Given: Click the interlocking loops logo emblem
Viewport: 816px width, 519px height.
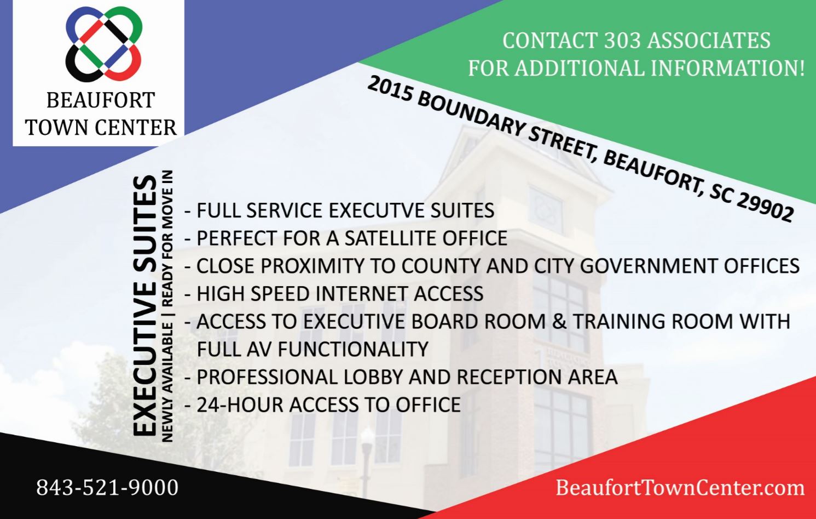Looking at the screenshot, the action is click(103, 44).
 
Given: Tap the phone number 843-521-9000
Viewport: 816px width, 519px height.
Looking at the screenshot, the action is click(107, 488).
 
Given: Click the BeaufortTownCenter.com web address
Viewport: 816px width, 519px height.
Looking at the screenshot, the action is click(680, 488).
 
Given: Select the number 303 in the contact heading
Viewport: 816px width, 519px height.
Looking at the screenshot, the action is click(622, 41).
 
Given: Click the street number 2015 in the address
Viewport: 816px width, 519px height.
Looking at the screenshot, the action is click(390, 90).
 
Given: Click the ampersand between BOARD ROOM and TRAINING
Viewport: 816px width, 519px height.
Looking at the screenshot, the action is click(559, 321).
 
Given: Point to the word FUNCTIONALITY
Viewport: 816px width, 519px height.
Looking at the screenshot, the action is click(353, 349).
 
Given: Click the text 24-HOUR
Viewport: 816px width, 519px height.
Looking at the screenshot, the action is click(240, 404).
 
